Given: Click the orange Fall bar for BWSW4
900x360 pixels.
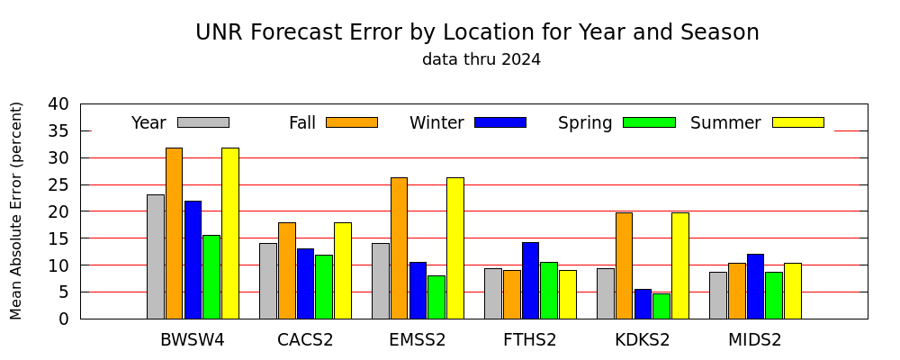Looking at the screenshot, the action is [x=174, y=233].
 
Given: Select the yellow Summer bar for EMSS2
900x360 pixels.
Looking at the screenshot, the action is [x=455, y=248].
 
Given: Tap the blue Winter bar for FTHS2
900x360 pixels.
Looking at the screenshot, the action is [x=530, y=280].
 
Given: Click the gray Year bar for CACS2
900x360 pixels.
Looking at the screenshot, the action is [x=268, y=281].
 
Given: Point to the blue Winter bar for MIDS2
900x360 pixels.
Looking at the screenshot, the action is [x=755, y=286].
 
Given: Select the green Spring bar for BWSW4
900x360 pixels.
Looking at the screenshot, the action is [x=211, y=276].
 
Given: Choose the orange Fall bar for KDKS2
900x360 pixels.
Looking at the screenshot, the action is [x=624, y=265].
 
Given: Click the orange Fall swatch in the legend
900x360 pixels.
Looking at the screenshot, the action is [x=352, y=122].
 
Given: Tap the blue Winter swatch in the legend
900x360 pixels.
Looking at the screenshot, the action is [x=500, y=122].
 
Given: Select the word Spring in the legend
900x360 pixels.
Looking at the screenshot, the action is [x=585, y=123].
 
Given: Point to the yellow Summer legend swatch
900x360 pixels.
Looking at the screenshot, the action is [x=798, y=122].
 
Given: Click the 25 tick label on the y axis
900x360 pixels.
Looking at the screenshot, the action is [x=58, y=184].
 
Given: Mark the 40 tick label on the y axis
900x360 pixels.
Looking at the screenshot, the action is [x=58, y=104].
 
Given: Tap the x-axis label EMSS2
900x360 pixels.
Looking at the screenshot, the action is [x=418, y=340].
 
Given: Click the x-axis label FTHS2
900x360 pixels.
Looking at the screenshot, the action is [x=530, y=340].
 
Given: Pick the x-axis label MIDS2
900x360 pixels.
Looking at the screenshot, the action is [x=755, y=340].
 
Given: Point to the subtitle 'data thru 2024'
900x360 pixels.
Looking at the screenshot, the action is [x=481, y=59].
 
